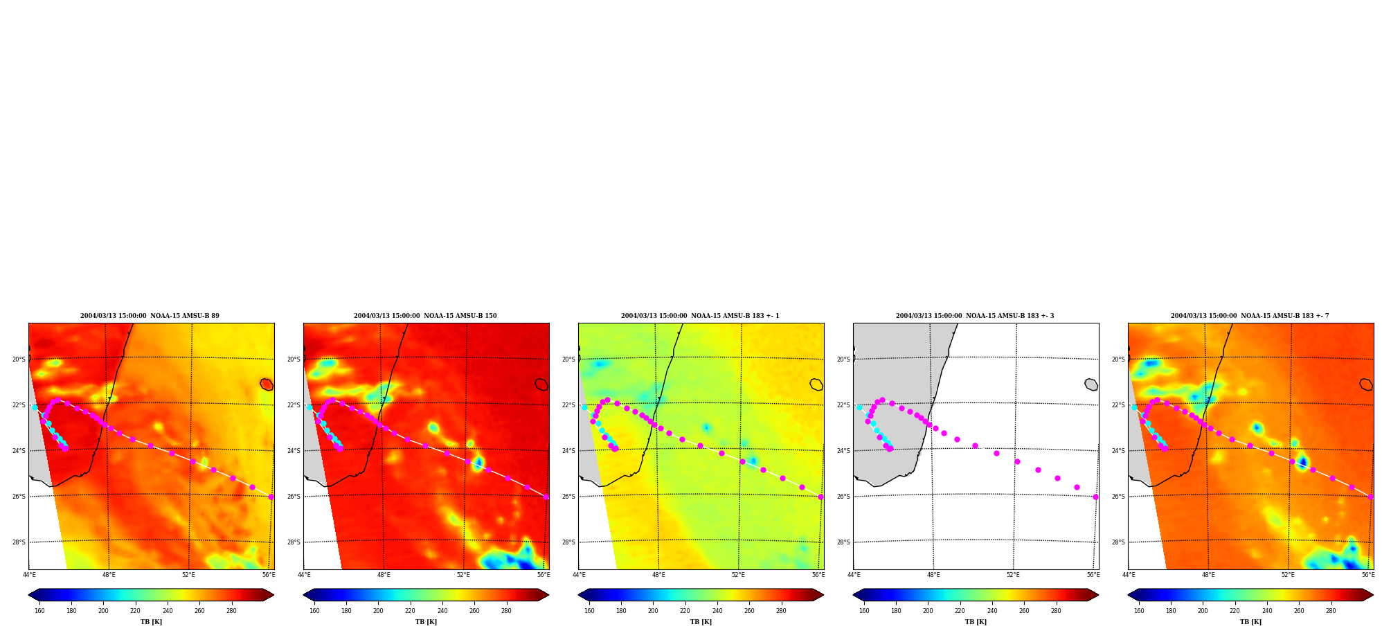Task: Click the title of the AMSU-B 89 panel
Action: click(x=150, y=316)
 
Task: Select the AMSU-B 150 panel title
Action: click(x=425, y=316)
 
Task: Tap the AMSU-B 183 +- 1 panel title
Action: click(x=700, y=316)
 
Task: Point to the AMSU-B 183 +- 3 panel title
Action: click(x=975, y=316)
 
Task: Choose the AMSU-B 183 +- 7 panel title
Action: click(x=1250, y=316)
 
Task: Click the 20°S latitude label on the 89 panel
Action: click(x=19, y=359)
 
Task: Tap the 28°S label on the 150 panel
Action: click(x=294, y=542)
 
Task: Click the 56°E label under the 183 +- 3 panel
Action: click(x=1093, y=575)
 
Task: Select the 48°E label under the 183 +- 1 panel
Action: click(x=658, y=575)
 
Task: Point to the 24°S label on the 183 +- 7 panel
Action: click(x=1118, y=451)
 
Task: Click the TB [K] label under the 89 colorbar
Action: click(x=151, y=622)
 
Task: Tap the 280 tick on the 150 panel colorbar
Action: click(x=506, y=611)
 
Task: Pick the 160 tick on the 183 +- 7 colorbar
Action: click(x=1139, y=611)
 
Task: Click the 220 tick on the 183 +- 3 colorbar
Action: click(x=960, y=611)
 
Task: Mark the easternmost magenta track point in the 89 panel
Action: click(x=271, y=497)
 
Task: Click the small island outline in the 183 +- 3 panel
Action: click(x=1091, y=384)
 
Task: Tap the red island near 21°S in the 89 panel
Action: click(x=267, y=384)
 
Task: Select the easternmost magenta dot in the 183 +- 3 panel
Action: click(x=1095, y=497)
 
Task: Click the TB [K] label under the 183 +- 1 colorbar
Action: click(x=701, y=622)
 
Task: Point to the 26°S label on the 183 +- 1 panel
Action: click(x=568, y=497)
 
